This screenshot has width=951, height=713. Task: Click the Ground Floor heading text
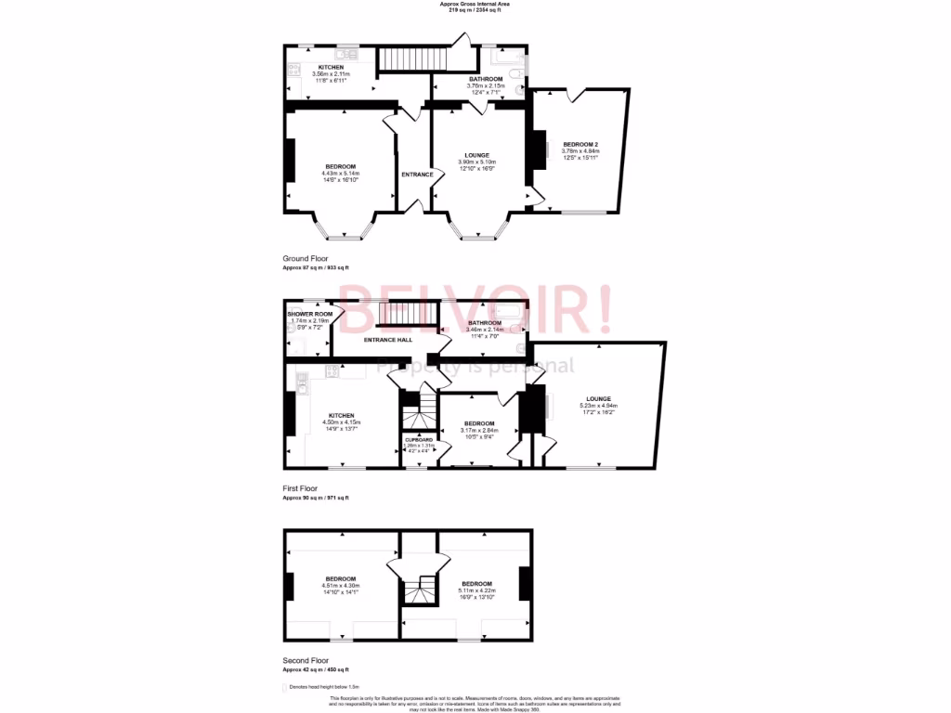[306, 258]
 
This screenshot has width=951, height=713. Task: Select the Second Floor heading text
[306, 660]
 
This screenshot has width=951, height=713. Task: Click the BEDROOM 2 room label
[580, 144]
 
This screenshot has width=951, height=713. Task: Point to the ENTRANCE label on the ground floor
[417, 174]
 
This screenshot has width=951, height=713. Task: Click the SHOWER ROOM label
[310, 314]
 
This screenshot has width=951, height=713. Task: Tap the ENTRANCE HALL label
[388, 341]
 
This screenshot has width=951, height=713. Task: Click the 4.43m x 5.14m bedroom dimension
[341, 174]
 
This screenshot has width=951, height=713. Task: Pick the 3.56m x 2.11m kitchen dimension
[332, 74]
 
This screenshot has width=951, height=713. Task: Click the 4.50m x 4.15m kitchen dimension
[341, 422]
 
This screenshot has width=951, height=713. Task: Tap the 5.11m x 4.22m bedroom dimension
[477, 590]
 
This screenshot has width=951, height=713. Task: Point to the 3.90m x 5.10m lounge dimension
[476, 162]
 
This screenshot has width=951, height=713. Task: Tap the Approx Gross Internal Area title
[475, 4]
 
